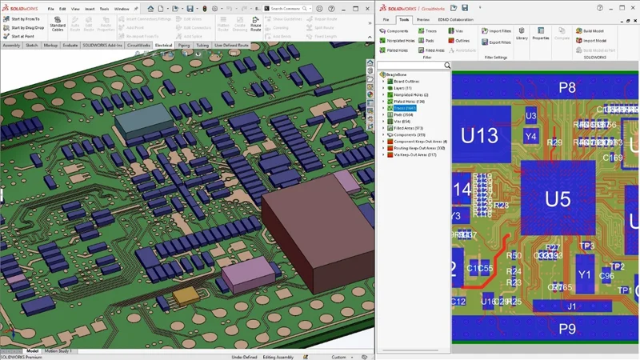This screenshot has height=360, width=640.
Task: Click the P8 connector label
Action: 566,87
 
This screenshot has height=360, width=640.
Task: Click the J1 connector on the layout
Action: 570,306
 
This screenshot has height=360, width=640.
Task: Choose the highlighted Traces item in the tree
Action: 404,108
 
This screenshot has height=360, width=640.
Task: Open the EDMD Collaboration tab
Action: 455,18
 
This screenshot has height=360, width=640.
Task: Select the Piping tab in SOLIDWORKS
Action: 184,46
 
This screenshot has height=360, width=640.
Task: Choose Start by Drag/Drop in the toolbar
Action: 27,28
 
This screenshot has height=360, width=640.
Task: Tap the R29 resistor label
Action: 554,142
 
